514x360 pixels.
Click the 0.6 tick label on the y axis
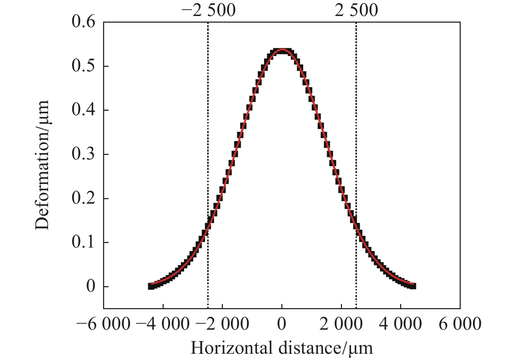pyautogui.click(x=83, y=22)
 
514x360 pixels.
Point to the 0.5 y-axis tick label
pyautogui.click(x=83, y=66)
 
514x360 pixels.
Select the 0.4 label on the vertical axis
pyautogui.click(x=83, y=110)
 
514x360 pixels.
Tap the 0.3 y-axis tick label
pyautogui.click(x=83, y=154)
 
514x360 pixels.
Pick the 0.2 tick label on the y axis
pyautogui.click(x=83, y=198)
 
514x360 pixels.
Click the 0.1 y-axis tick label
pyautogui.click(x=83, y=242)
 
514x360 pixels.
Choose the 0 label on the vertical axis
pyautogui.click(x=91, y=287)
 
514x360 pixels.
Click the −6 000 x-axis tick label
pyautogui.click(x=103, y=324)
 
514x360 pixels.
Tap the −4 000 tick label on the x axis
pyautogui.click(x=163, y=324)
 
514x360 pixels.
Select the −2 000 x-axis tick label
pyautogui.click(x=222, y=324)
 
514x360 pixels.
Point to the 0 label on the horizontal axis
pyautogui.click(x=282, y=324)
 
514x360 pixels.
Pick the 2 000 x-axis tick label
pyautogui.click(x=341, y=324)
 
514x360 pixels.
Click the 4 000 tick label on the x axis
pyautogui.click(x=400, y=324)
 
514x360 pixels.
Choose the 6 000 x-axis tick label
pyautogui.click(x=460, y=324)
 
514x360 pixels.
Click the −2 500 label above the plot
pyautogui.click(x=208, y=10)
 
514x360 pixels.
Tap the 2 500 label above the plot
pyautogui.click(x=356, y=10)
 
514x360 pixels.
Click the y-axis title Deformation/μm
pyautogui.click(x=42, y=165)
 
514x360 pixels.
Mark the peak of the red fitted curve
pyautogui.click(x=282, y=49)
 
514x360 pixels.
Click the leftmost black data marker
pyautogui.click(x=151, y=286)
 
